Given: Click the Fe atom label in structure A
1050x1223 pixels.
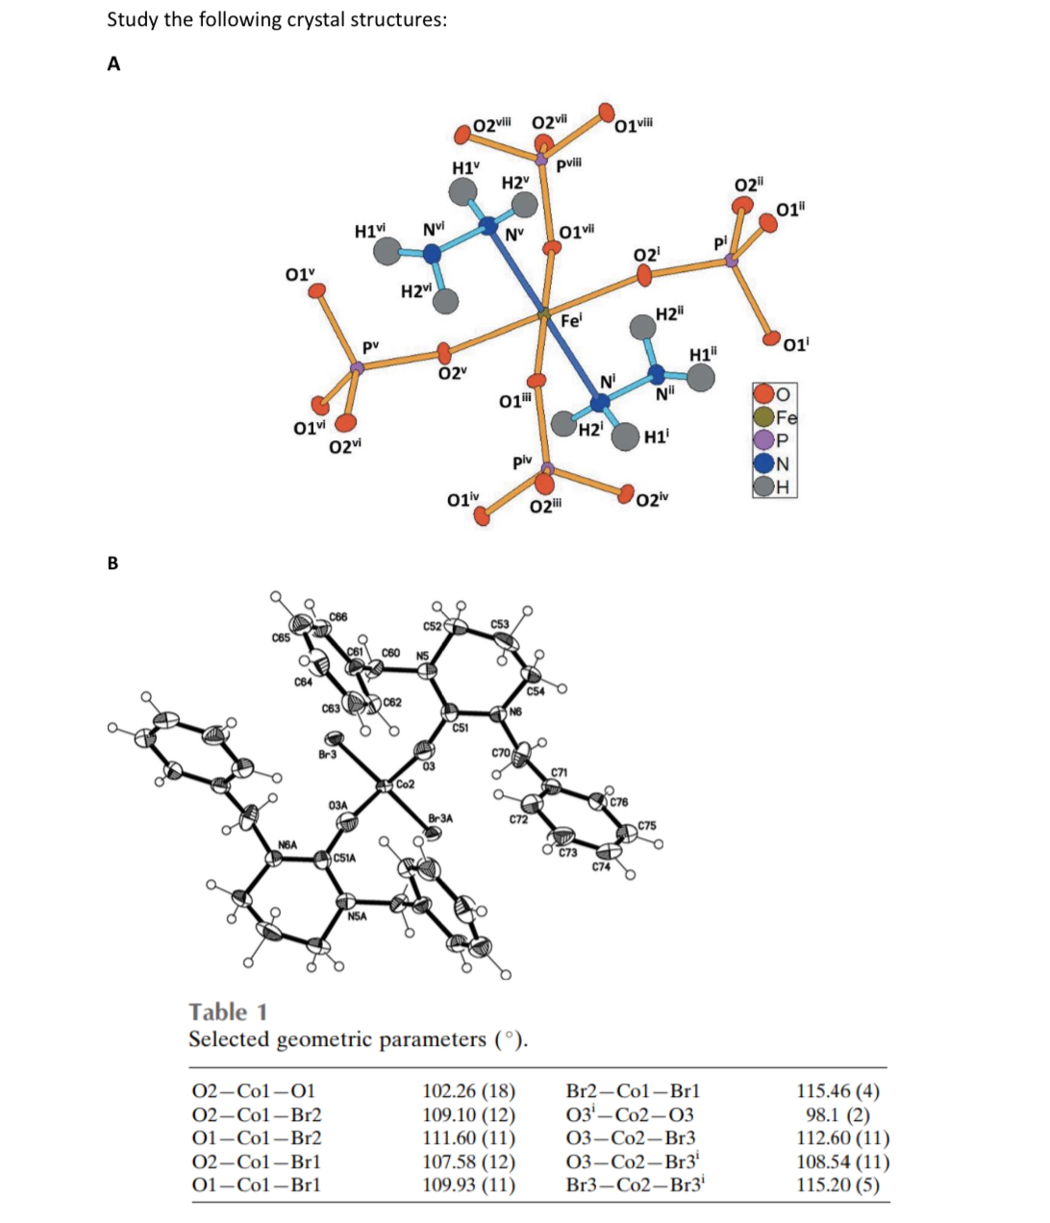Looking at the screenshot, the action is point(570,321).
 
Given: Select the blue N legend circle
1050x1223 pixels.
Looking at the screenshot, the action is point(764,464).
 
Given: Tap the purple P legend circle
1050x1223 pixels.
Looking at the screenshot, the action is point(764,441).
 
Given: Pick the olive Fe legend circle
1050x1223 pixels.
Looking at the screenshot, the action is point(764,417).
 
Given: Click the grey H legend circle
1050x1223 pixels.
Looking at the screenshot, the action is point(764,487).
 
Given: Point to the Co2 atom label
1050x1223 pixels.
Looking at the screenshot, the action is point(405,785).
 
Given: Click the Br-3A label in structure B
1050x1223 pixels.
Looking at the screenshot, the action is point(440,818).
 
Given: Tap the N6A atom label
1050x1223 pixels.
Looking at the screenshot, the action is point(287,843).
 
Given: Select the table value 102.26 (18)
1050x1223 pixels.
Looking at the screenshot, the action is point(468,1091).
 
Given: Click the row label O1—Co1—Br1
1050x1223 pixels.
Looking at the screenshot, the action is point(255,1185).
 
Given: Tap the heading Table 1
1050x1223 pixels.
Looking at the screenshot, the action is point(228,1011).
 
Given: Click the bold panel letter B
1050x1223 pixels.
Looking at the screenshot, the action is point(112,562).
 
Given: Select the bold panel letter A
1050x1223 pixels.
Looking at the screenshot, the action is point(113,64).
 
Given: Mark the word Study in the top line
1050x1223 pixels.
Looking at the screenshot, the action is point(132,19).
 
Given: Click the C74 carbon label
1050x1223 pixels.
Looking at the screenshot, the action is point(601,866).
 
